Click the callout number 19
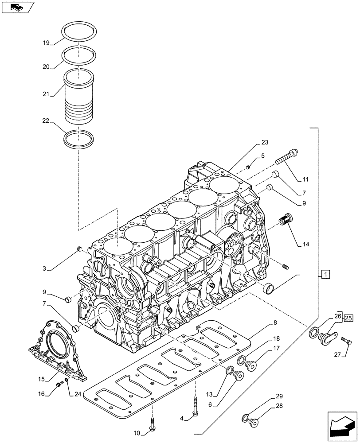coord(46,43)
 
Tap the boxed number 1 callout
coord(325,275)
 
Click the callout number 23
coord(265,143)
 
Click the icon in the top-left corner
coord(18,7)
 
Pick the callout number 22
coord(46,120)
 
